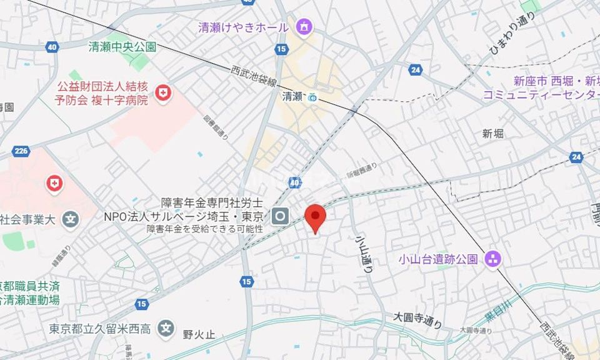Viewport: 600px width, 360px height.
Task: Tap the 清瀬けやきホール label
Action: pos(243,27)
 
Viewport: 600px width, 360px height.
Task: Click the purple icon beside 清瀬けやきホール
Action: pos(304,26)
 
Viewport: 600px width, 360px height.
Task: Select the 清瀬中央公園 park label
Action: pos(122,47)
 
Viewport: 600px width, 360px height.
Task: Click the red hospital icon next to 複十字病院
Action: pos(163,93)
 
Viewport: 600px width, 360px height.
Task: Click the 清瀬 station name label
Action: pos(292,96)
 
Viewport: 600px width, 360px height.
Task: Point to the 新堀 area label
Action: pos(493,133)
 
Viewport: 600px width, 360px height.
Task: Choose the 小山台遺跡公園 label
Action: pos(439,259)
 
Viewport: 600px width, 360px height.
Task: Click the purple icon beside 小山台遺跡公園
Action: pos(493,259)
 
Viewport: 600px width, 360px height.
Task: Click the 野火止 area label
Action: pos(199,334)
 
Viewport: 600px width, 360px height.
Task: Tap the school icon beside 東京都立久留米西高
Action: pos(165,327)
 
